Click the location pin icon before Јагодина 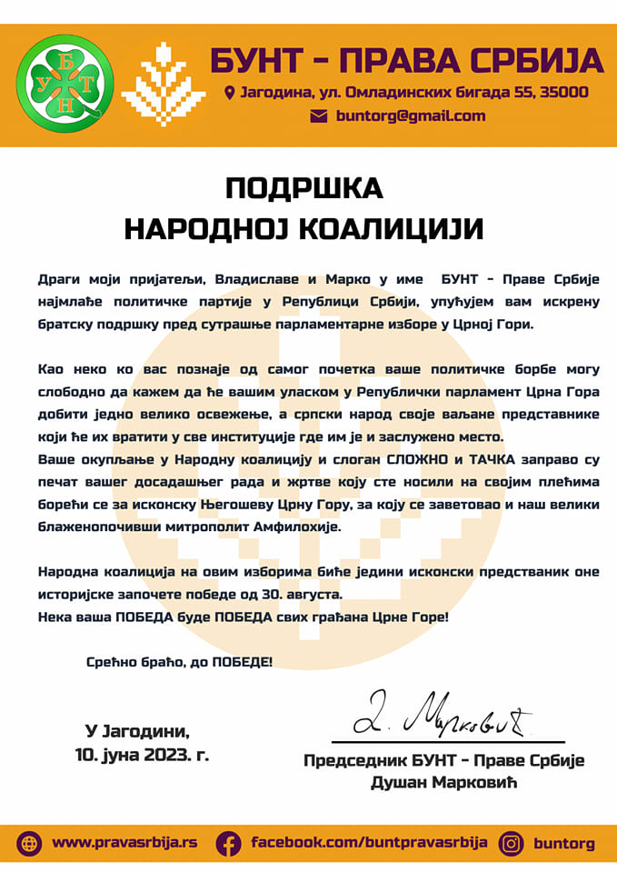click(229, 93)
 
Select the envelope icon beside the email click(318, 116)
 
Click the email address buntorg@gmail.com click(411, 116)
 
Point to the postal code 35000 click(563, 93)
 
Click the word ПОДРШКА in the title click(304, 188)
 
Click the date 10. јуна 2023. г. click(142, 754)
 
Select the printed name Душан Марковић click(443, 783)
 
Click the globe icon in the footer click(29, 843)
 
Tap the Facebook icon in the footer click(228, 843)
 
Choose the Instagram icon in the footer click(512, 843)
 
